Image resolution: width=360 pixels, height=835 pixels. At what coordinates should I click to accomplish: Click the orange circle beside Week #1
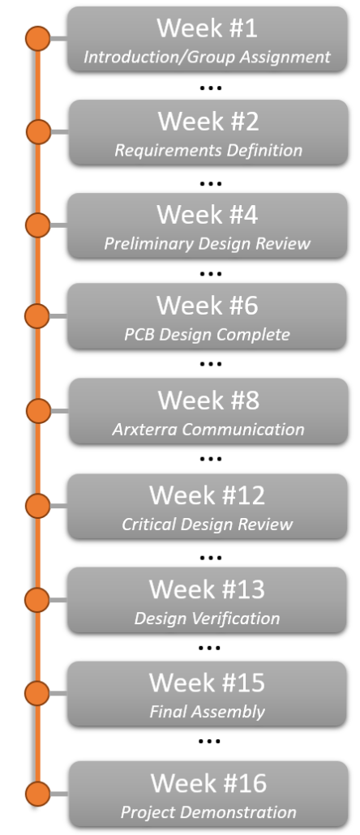click(38, 39)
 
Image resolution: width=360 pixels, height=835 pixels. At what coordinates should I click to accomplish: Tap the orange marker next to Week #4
click(38, 225)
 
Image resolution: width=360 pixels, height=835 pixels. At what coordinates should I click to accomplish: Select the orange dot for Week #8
click(38, 411)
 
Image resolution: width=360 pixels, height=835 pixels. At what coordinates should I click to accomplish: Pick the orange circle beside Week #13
click(37, 600)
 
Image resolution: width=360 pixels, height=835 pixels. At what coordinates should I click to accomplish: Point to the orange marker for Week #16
click(38, 794)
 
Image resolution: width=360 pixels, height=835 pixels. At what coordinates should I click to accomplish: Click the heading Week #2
click(208, 122)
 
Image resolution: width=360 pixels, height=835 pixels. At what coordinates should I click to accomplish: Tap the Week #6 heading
click(207, 306)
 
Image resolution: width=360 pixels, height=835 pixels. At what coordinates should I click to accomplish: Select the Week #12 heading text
click(207, 495)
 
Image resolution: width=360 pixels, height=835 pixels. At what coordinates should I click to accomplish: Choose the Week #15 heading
click(207, 683)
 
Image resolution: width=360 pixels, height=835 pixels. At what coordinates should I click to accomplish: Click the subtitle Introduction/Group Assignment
click(207, 57)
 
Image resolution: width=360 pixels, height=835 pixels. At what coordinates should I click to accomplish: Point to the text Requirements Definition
click(208, 151)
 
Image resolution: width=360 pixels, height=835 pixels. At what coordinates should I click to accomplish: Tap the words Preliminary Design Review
click(207, 244)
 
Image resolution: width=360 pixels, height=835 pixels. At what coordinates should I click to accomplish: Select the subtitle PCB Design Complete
click(207, 335)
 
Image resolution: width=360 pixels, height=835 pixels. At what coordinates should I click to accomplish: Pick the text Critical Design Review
click(207, 525)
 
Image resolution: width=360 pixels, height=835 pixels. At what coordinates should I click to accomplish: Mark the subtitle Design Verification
click(207, 619)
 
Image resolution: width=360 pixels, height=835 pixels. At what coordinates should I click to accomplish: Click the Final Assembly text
click(207, 712)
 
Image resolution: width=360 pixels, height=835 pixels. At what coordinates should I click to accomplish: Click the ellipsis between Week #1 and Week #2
click(210, 88)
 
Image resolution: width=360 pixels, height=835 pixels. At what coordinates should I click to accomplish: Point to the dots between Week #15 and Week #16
click(209, 741)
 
